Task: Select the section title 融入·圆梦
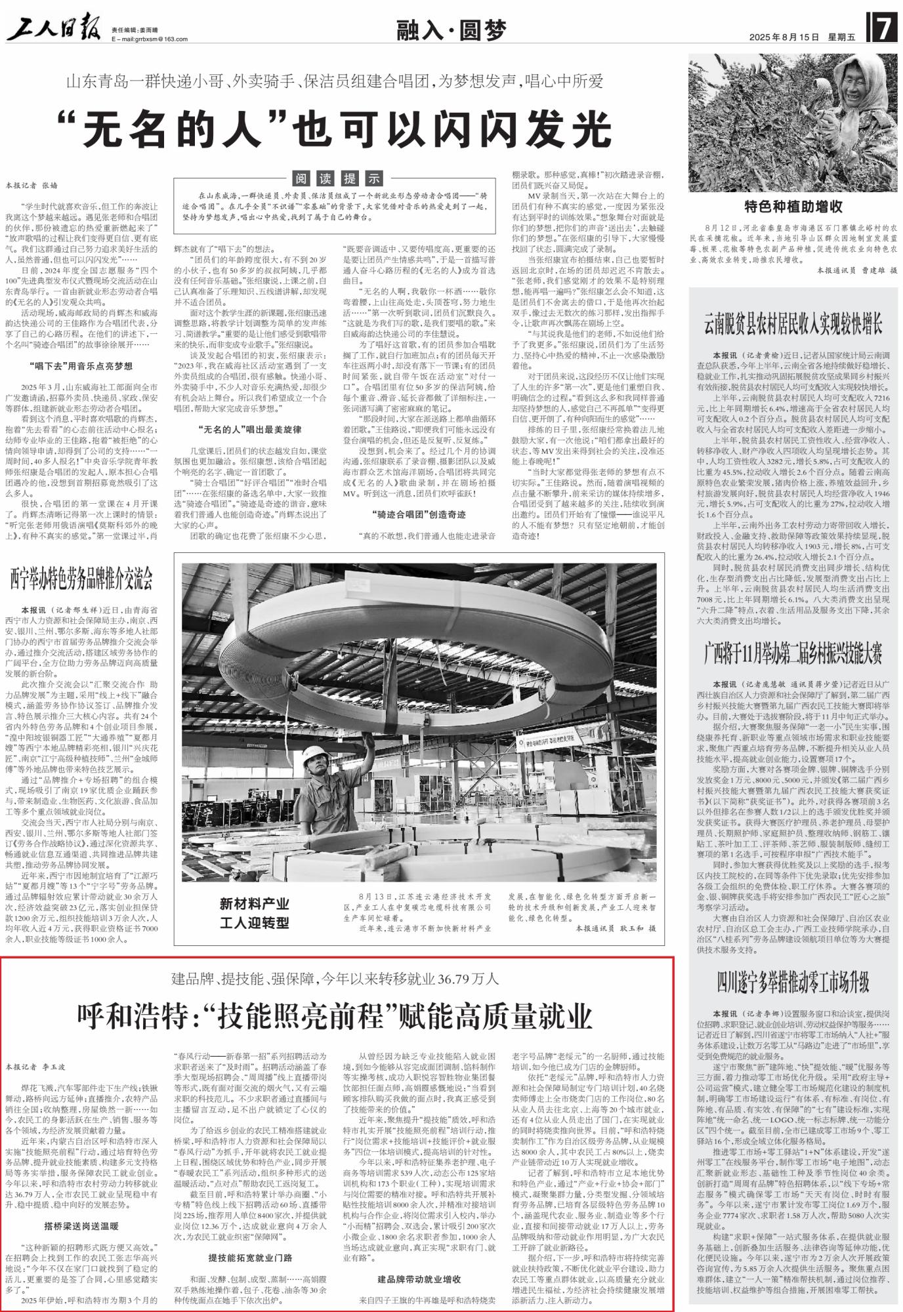click(x=452, y=30)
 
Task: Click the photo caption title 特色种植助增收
click(x=793, y=208)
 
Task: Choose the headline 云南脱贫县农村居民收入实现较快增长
click(x=793, y=326)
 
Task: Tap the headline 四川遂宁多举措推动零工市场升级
click(x=793, y=982)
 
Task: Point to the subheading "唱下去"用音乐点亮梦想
click(x=81, y=366)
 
